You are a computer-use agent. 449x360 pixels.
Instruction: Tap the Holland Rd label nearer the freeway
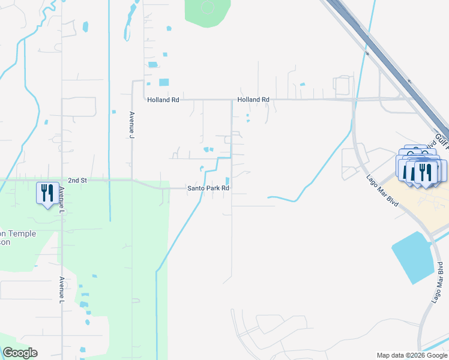tap(253, 100)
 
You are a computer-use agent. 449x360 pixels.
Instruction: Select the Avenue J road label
tap(131, 125)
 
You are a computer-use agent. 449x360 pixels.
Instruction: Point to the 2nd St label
tap(77, 180)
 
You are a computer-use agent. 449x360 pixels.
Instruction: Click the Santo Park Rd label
tap(209, 188)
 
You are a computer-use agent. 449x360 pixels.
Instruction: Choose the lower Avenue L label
tap(61, 289)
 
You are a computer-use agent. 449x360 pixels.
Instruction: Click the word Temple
tap(23, 234)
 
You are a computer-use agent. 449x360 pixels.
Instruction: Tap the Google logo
tap(20, 353)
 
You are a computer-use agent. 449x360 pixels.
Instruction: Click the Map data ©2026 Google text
tap(411, 355)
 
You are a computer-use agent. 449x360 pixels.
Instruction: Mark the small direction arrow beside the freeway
tap(409, 81)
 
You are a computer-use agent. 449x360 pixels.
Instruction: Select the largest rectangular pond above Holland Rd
tap(163, 82)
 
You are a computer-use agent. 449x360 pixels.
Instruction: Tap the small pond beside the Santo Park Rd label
tap(227, 181)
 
